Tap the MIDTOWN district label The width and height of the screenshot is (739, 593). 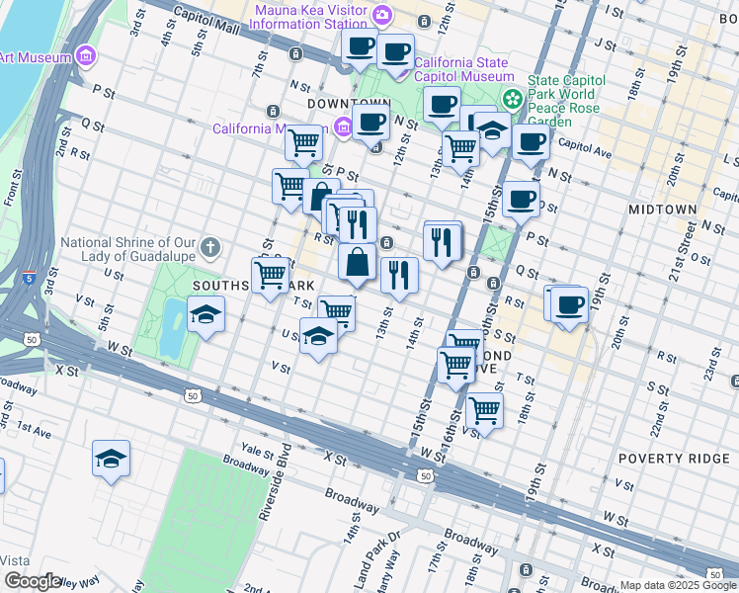[x=663, y=211]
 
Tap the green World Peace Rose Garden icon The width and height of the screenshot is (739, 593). [x=513, y=98]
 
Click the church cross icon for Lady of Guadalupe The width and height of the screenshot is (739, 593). [x=209, y=245]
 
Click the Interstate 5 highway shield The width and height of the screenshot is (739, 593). [x=30, y=278]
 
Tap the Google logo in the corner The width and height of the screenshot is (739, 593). [x=32, y=581]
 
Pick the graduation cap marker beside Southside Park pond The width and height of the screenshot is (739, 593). [x=206, y=315]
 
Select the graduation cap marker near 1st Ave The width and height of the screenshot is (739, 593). [x=111, y=458]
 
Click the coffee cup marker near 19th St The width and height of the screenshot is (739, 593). [x=569, y=303]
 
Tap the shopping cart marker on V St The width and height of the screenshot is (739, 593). [x=484, y=408]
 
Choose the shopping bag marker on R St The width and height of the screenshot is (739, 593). [x=357, y=263]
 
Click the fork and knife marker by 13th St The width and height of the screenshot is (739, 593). [x=399, y=274]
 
